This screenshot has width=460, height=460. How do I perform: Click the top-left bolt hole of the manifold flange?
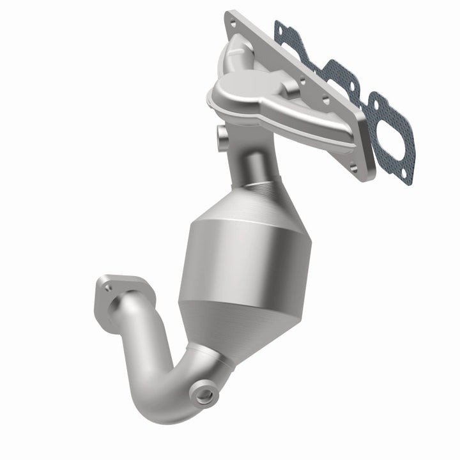(233, 24)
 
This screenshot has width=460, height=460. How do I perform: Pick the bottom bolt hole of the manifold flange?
(353, 168)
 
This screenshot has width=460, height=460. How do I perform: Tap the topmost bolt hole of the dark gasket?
(279, 26)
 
